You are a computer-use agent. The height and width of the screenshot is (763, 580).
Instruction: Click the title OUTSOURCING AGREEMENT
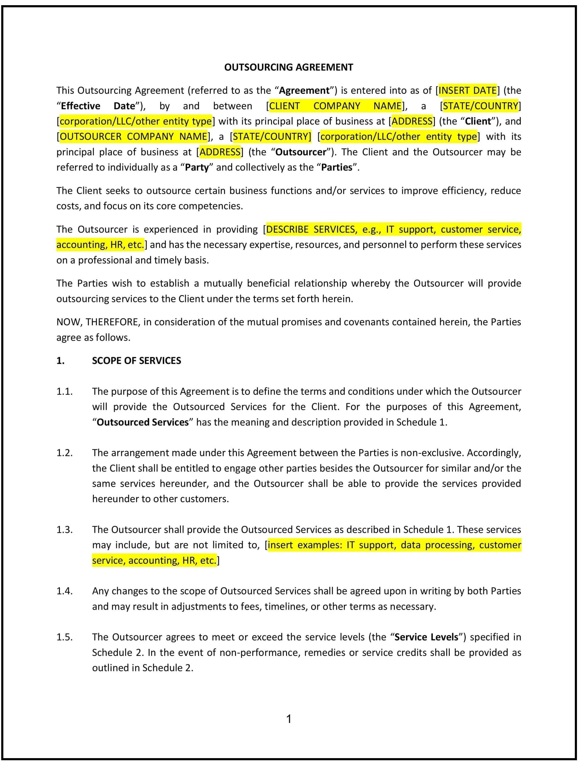289,67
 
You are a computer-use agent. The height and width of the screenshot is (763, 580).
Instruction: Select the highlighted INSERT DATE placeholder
467,90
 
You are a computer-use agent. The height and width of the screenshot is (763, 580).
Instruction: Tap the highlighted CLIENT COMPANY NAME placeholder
335,106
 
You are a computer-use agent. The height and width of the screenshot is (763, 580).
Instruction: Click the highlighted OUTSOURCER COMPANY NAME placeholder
134,136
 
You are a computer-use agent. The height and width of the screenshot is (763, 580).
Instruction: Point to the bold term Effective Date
98,106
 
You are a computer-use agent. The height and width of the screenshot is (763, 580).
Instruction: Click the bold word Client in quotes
478,121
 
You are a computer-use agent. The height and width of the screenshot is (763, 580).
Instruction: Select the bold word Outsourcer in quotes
301,152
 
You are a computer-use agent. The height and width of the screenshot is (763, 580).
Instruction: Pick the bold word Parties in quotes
337,167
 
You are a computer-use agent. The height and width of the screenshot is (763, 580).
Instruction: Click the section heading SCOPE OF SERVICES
136,361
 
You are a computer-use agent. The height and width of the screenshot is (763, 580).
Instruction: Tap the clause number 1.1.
64,391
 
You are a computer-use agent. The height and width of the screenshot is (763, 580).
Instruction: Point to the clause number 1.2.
64,453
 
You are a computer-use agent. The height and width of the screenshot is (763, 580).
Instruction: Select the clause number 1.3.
64,530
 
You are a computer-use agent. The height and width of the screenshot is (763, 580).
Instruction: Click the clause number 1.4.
64,591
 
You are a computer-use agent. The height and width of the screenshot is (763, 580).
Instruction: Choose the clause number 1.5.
64,637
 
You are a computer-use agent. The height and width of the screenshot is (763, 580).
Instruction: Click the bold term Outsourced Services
143,422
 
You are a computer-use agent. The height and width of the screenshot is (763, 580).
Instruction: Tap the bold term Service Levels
426,637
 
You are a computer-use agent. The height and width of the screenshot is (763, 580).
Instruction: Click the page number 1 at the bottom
289,719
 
